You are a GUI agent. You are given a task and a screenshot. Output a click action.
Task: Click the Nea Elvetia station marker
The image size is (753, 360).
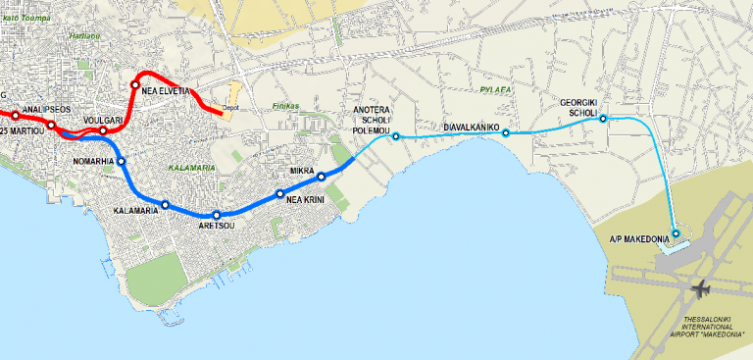point(135,85)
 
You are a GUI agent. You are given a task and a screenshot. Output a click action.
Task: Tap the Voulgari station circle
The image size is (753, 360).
point(103,130)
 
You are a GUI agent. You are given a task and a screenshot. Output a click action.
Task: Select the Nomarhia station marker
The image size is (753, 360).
point(122,161)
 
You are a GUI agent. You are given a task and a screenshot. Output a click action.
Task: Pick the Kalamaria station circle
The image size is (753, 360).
point(166,204)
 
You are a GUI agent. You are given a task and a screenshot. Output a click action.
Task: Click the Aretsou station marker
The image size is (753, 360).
point(217,215)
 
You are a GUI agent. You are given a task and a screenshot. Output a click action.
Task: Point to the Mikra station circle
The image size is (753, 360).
point(321,177)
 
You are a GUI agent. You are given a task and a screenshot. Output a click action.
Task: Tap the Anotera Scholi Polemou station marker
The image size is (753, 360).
point(396,136)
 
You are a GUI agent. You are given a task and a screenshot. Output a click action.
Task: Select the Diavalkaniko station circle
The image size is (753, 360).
point(506,133)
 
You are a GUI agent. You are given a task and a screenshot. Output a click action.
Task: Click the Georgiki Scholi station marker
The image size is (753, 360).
point(603,119)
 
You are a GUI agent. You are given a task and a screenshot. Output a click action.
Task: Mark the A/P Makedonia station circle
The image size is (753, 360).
point(676,233)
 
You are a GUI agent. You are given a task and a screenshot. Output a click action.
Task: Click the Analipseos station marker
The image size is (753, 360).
point(52,125)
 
